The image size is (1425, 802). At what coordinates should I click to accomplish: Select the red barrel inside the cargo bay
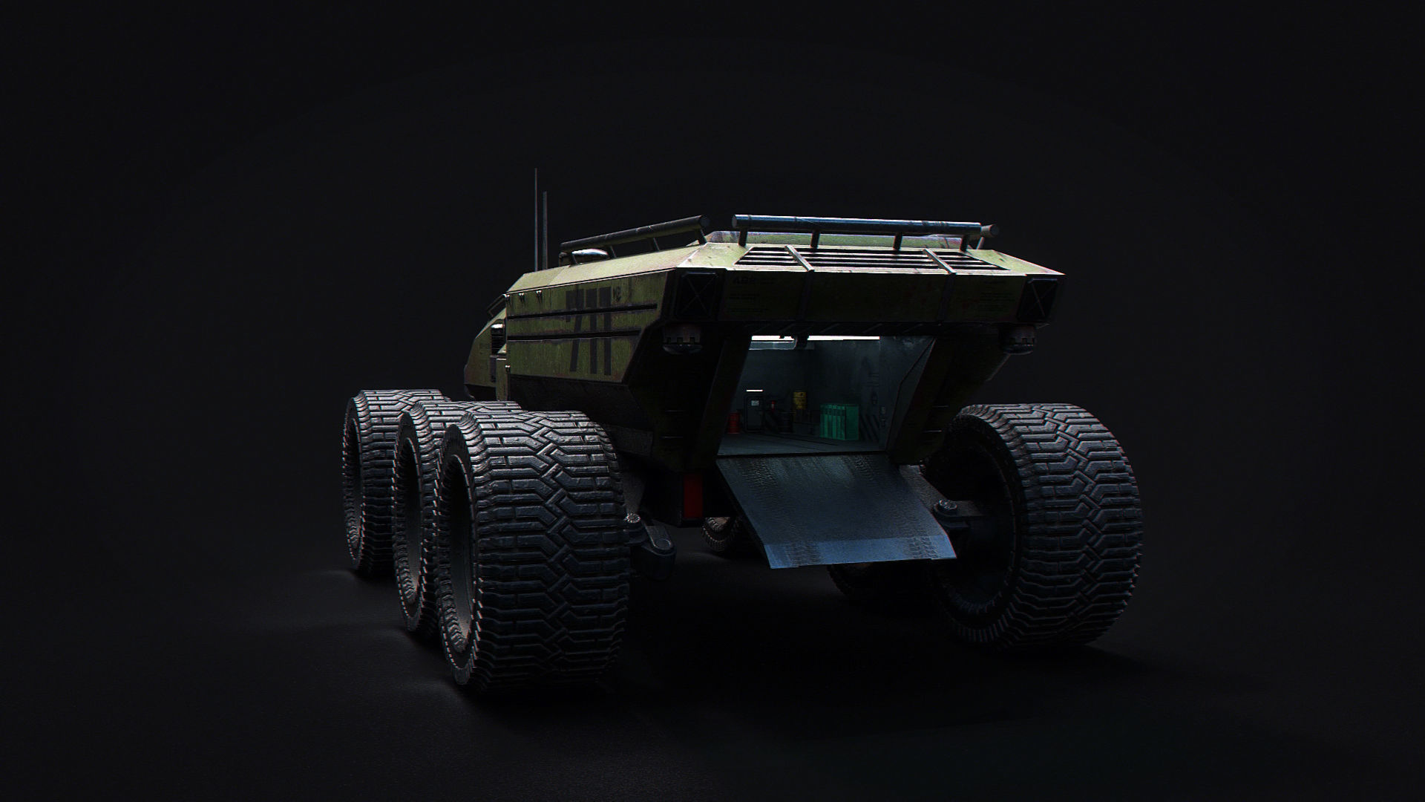(735, 424)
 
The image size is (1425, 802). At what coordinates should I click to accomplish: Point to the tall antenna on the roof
(536, 215)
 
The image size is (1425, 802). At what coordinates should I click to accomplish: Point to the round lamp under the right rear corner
(1021, 338)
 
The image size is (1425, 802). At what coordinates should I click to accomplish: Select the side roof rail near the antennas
(631, 234)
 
